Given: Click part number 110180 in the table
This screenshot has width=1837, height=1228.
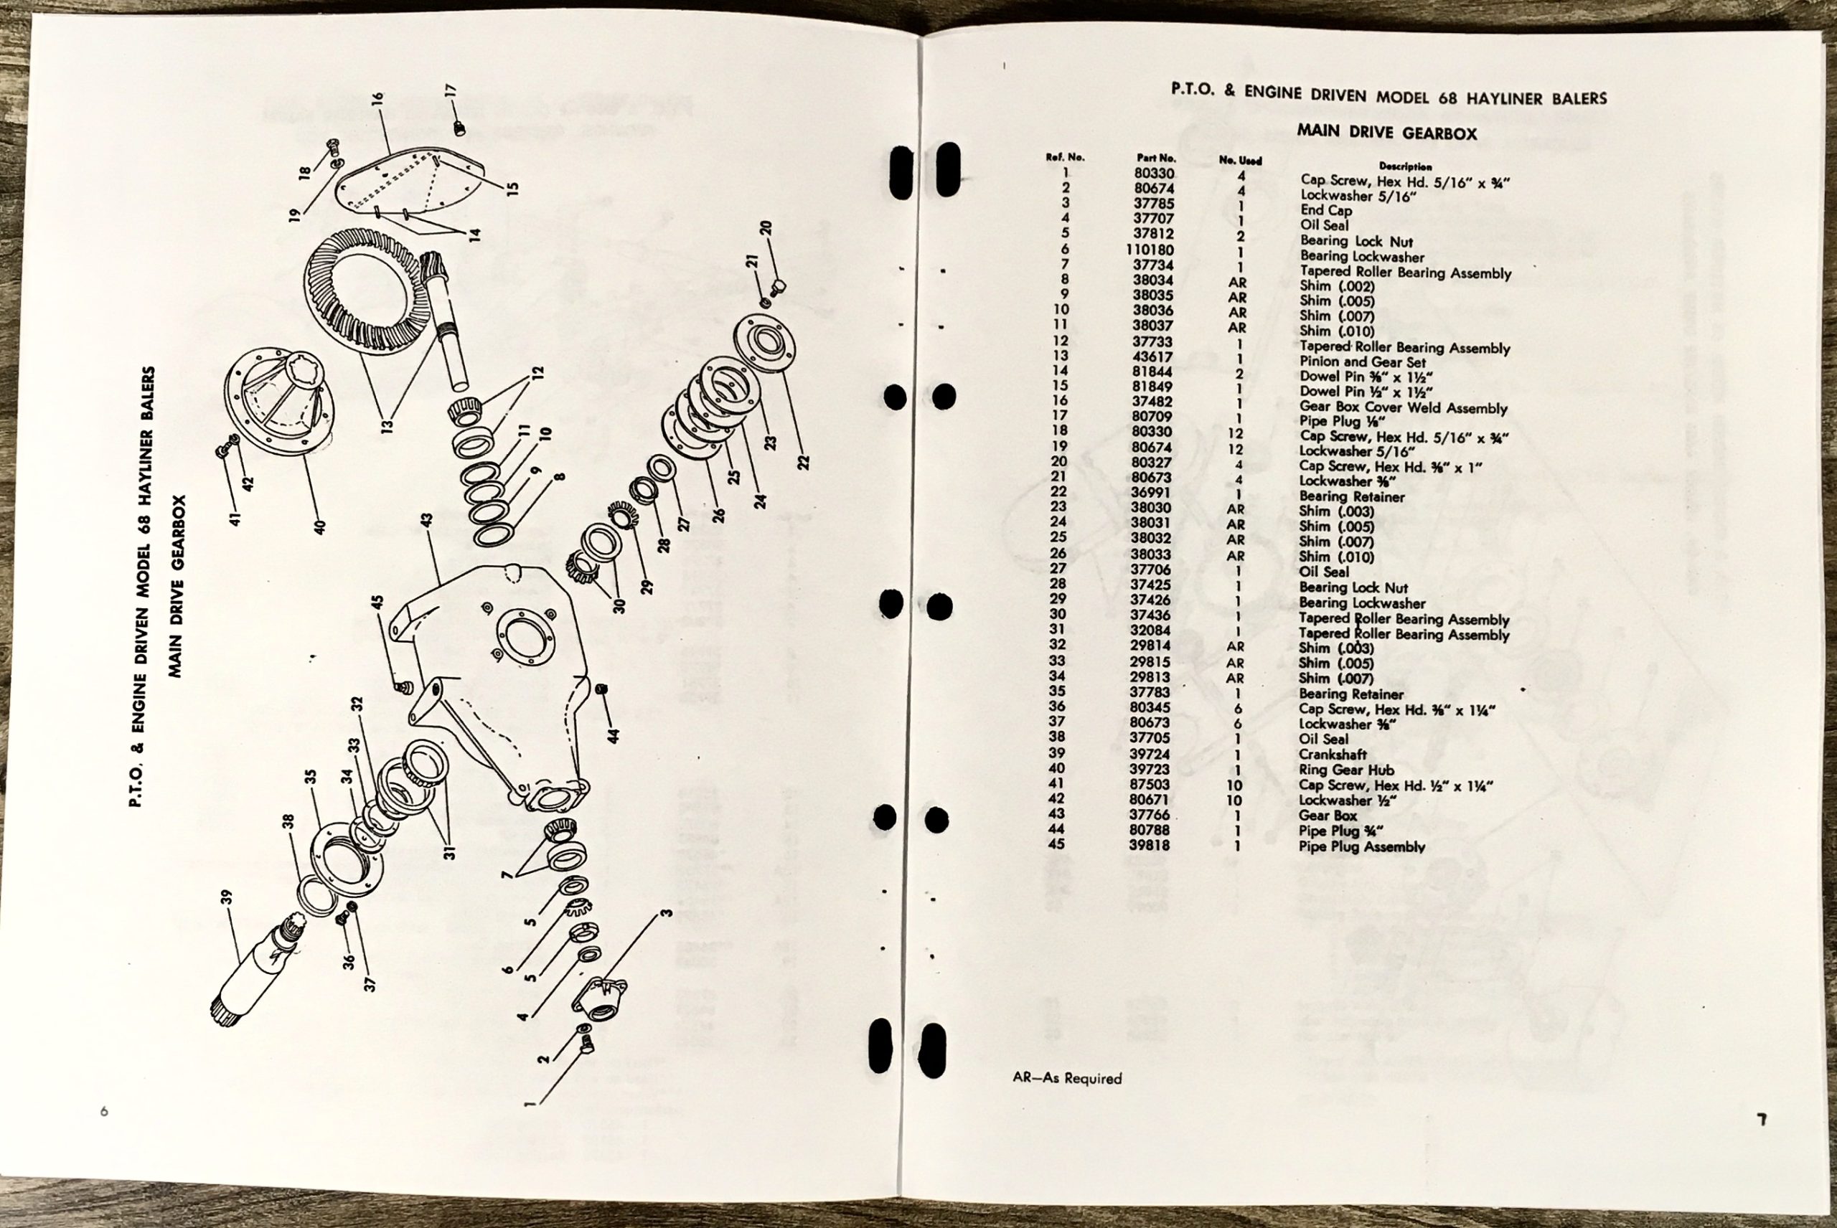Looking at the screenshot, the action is click(1152, 250).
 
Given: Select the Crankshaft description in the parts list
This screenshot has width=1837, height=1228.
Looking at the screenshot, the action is click(1333, 754).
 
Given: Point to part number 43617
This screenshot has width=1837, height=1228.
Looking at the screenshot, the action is click(1152, 356).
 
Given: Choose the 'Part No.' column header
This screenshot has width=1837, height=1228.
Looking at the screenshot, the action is click(1156, 157).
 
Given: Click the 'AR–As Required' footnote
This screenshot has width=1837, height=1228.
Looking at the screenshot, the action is click(1067, 1078).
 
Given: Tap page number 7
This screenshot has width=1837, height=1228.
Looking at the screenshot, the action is click(1762, 1119).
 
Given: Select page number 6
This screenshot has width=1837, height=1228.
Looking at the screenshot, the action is click(104, 1111).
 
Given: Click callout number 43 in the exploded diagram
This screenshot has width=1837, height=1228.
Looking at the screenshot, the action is click(426, 522).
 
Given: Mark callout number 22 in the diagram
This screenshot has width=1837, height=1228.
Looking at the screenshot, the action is click(803, 463).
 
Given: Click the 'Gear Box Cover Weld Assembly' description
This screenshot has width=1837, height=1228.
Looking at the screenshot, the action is click(1403, 408).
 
